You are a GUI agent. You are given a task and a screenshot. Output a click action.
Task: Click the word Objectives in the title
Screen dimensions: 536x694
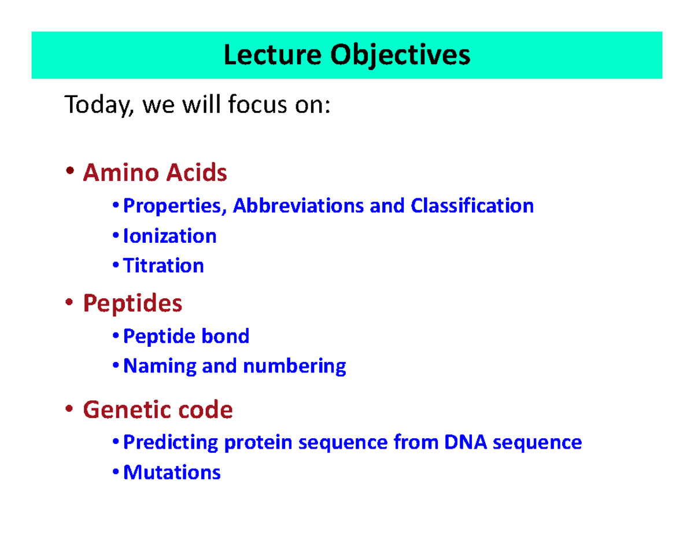pos(400,56)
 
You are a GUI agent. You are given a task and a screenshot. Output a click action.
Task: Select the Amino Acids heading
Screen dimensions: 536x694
pos(155,172)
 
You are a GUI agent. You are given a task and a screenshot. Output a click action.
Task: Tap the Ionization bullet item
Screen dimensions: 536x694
pos(169,236)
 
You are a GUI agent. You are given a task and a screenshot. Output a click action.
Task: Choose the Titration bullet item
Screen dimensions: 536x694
pos(164,266)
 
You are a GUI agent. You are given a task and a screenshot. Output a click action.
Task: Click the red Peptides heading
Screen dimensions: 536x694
pos(132,302)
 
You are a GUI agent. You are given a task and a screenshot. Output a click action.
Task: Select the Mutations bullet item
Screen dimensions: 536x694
pos(172,472)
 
